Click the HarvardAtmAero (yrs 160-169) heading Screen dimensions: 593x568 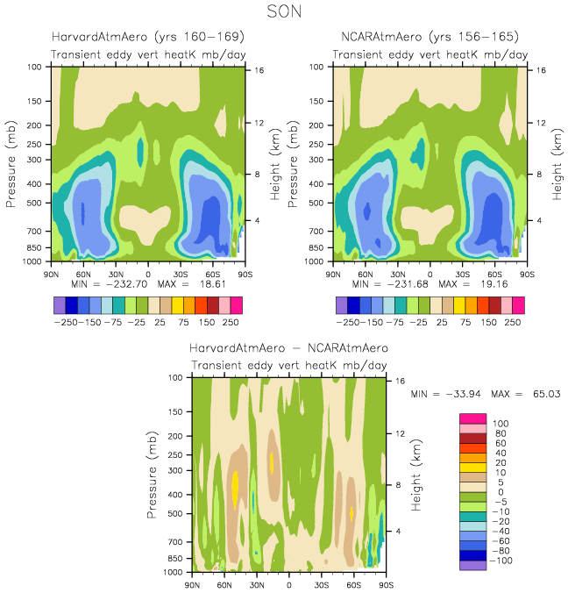pos(146,37)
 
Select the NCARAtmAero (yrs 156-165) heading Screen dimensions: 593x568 pos(429,37)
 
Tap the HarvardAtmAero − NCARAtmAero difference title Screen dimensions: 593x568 pos(288,348)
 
